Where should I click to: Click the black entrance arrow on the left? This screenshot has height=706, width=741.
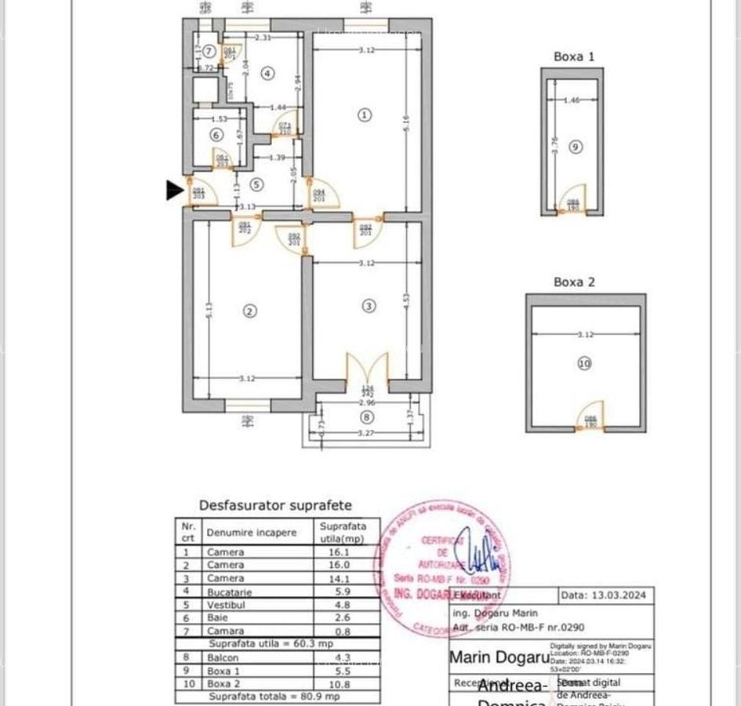pos(174,190)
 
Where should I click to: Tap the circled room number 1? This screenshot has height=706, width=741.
pos(364,115)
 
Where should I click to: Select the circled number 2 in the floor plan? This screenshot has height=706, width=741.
pos(249,311)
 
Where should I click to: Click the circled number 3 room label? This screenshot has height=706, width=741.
pos(369,306)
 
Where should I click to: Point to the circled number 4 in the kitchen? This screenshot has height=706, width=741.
pos(268,74)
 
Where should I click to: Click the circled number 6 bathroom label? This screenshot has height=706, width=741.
pos(216,134)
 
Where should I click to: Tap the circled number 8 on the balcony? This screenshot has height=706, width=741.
pos(368,417)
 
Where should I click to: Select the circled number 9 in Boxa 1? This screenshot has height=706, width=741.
pos(576,146)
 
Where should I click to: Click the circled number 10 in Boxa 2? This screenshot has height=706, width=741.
pos(584,363)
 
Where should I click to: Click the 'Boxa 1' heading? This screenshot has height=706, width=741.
pos(574,56)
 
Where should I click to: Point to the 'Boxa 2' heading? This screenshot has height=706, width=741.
pos(574,282)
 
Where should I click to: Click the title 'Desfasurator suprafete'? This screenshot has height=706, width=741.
pos(275,506)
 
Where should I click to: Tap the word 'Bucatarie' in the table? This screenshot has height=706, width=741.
pos(230,591)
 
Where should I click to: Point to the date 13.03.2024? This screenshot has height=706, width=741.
pos(616,595)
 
